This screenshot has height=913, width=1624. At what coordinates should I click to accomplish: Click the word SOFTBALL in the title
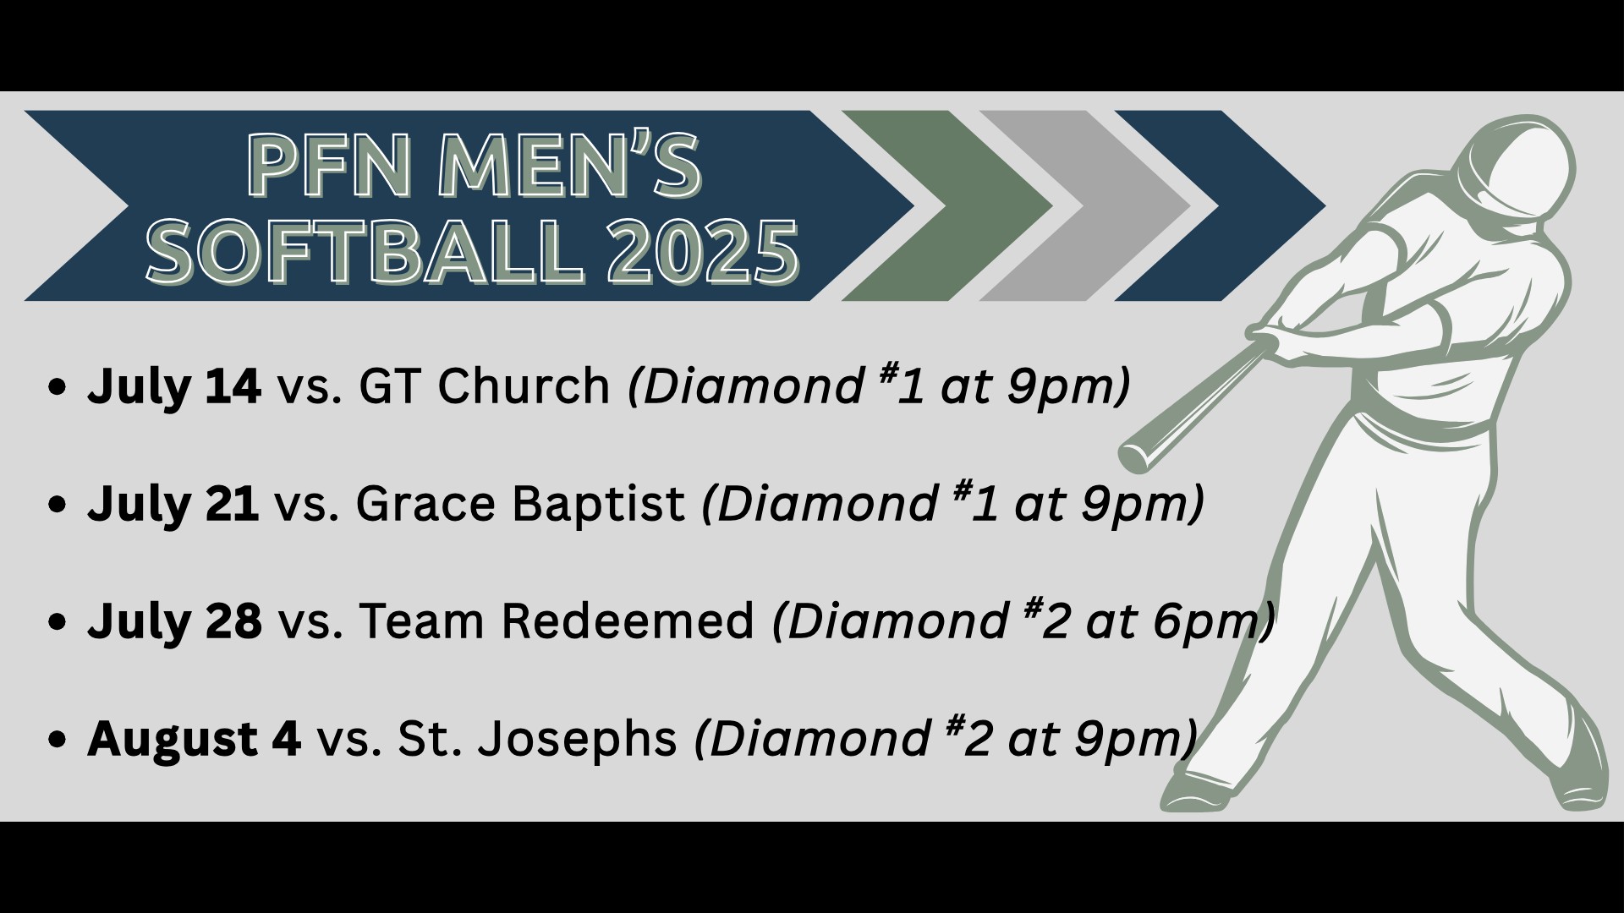[365, 250]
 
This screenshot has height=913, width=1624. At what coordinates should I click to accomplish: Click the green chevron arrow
[947, 205]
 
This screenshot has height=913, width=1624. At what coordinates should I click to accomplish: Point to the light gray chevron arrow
[1085, 205]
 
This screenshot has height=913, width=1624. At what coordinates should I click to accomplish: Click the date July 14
[174, 387]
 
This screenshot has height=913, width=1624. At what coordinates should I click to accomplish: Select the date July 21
[173, 505]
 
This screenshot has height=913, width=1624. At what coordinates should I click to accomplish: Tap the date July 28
[174, 622]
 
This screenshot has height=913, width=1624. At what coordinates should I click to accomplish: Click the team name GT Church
[485, 386]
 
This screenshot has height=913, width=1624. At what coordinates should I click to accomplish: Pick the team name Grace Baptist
[520, 505]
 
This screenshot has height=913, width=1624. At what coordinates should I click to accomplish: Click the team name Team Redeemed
[557, 621]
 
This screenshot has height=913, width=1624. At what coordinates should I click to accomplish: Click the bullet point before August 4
[58, 741]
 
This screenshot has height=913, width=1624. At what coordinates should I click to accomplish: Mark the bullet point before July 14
[58, 388]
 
